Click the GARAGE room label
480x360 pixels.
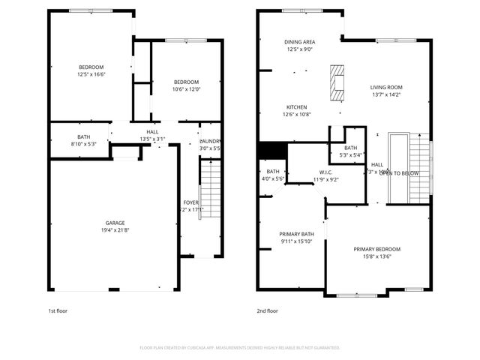(115, 222)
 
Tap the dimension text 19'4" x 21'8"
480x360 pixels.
(115, 229)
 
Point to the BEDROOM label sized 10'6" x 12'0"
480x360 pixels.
(186, 82)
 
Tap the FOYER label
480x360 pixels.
(191, 202)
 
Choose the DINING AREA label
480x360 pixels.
(298, 42)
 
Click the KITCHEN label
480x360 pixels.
(297, 107)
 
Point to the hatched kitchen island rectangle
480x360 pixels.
(337, 82)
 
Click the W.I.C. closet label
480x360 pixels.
(325, 172)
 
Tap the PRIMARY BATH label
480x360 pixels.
(296, 234)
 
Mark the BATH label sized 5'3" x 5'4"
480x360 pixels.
(351, 148)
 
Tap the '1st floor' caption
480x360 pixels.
(58, 310)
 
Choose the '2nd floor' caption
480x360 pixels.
(267, 310)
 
